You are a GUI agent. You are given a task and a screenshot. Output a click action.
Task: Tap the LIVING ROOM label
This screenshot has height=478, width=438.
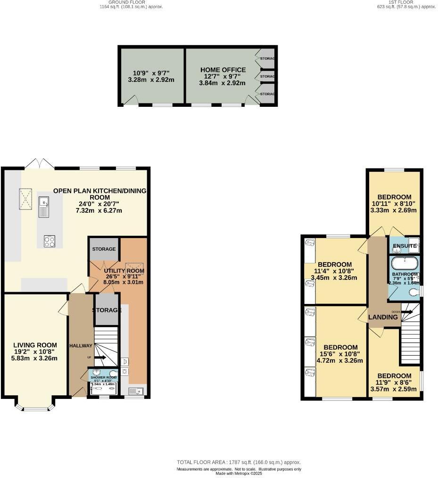click(35, 344)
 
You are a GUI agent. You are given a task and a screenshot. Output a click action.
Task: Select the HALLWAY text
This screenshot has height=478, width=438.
click(81, 346)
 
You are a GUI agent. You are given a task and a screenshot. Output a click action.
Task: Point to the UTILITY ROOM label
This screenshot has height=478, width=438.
click(131, 271)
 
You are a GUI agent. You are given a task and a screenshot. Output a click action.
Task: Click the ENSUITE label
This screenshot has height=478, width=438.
click(405, 246)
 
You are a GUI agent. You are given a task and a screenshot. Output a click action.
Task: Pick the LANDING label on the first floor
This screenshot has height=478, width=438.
click(383, 317)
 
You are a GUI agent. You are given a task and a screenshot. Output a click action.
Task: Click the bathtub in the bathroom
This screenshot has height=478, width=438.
click(405, 263)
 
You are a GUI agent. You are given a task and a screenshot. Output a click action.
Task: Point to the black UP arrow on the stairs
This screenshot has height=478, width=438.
click(100, 358)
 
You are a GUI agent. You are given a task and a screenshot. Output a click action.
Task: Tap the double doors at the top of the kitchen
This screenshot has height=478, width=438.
click(39, 164)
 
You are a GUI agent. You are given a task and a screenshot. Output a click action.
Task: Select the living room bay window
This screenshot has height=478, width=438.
click(35, 407)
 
